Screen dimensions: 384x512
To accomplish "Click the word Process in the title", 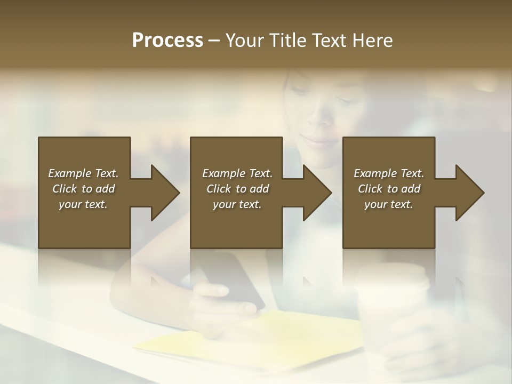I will tap(167, 41).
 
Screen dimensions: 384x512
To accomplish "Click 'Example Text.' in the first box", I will tap(83, 173).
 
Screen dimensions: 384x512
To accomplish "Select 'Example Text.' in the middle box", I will tap(237, 173).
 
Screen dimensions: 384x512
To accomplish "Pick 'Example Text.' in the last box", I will tap(389, 173).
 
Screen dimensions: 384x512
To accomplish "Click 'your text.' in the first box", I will tap(83, 204).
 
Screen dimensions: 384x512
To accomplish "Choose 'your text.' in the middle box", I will tap(237, 204).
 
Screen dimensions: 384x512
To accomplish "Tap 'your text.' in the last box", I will tap(389, 204).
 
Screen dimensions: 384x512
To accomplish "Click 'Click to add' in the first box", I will tap(83, 189).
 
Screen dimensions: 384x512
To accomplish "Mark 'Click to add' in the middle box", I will tap(237, 189).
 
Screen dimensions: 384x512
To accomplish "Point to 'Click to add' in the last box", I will tap(389, 189).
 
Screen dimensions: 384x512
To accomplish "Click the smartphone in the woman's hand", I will tap(235, 280).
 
